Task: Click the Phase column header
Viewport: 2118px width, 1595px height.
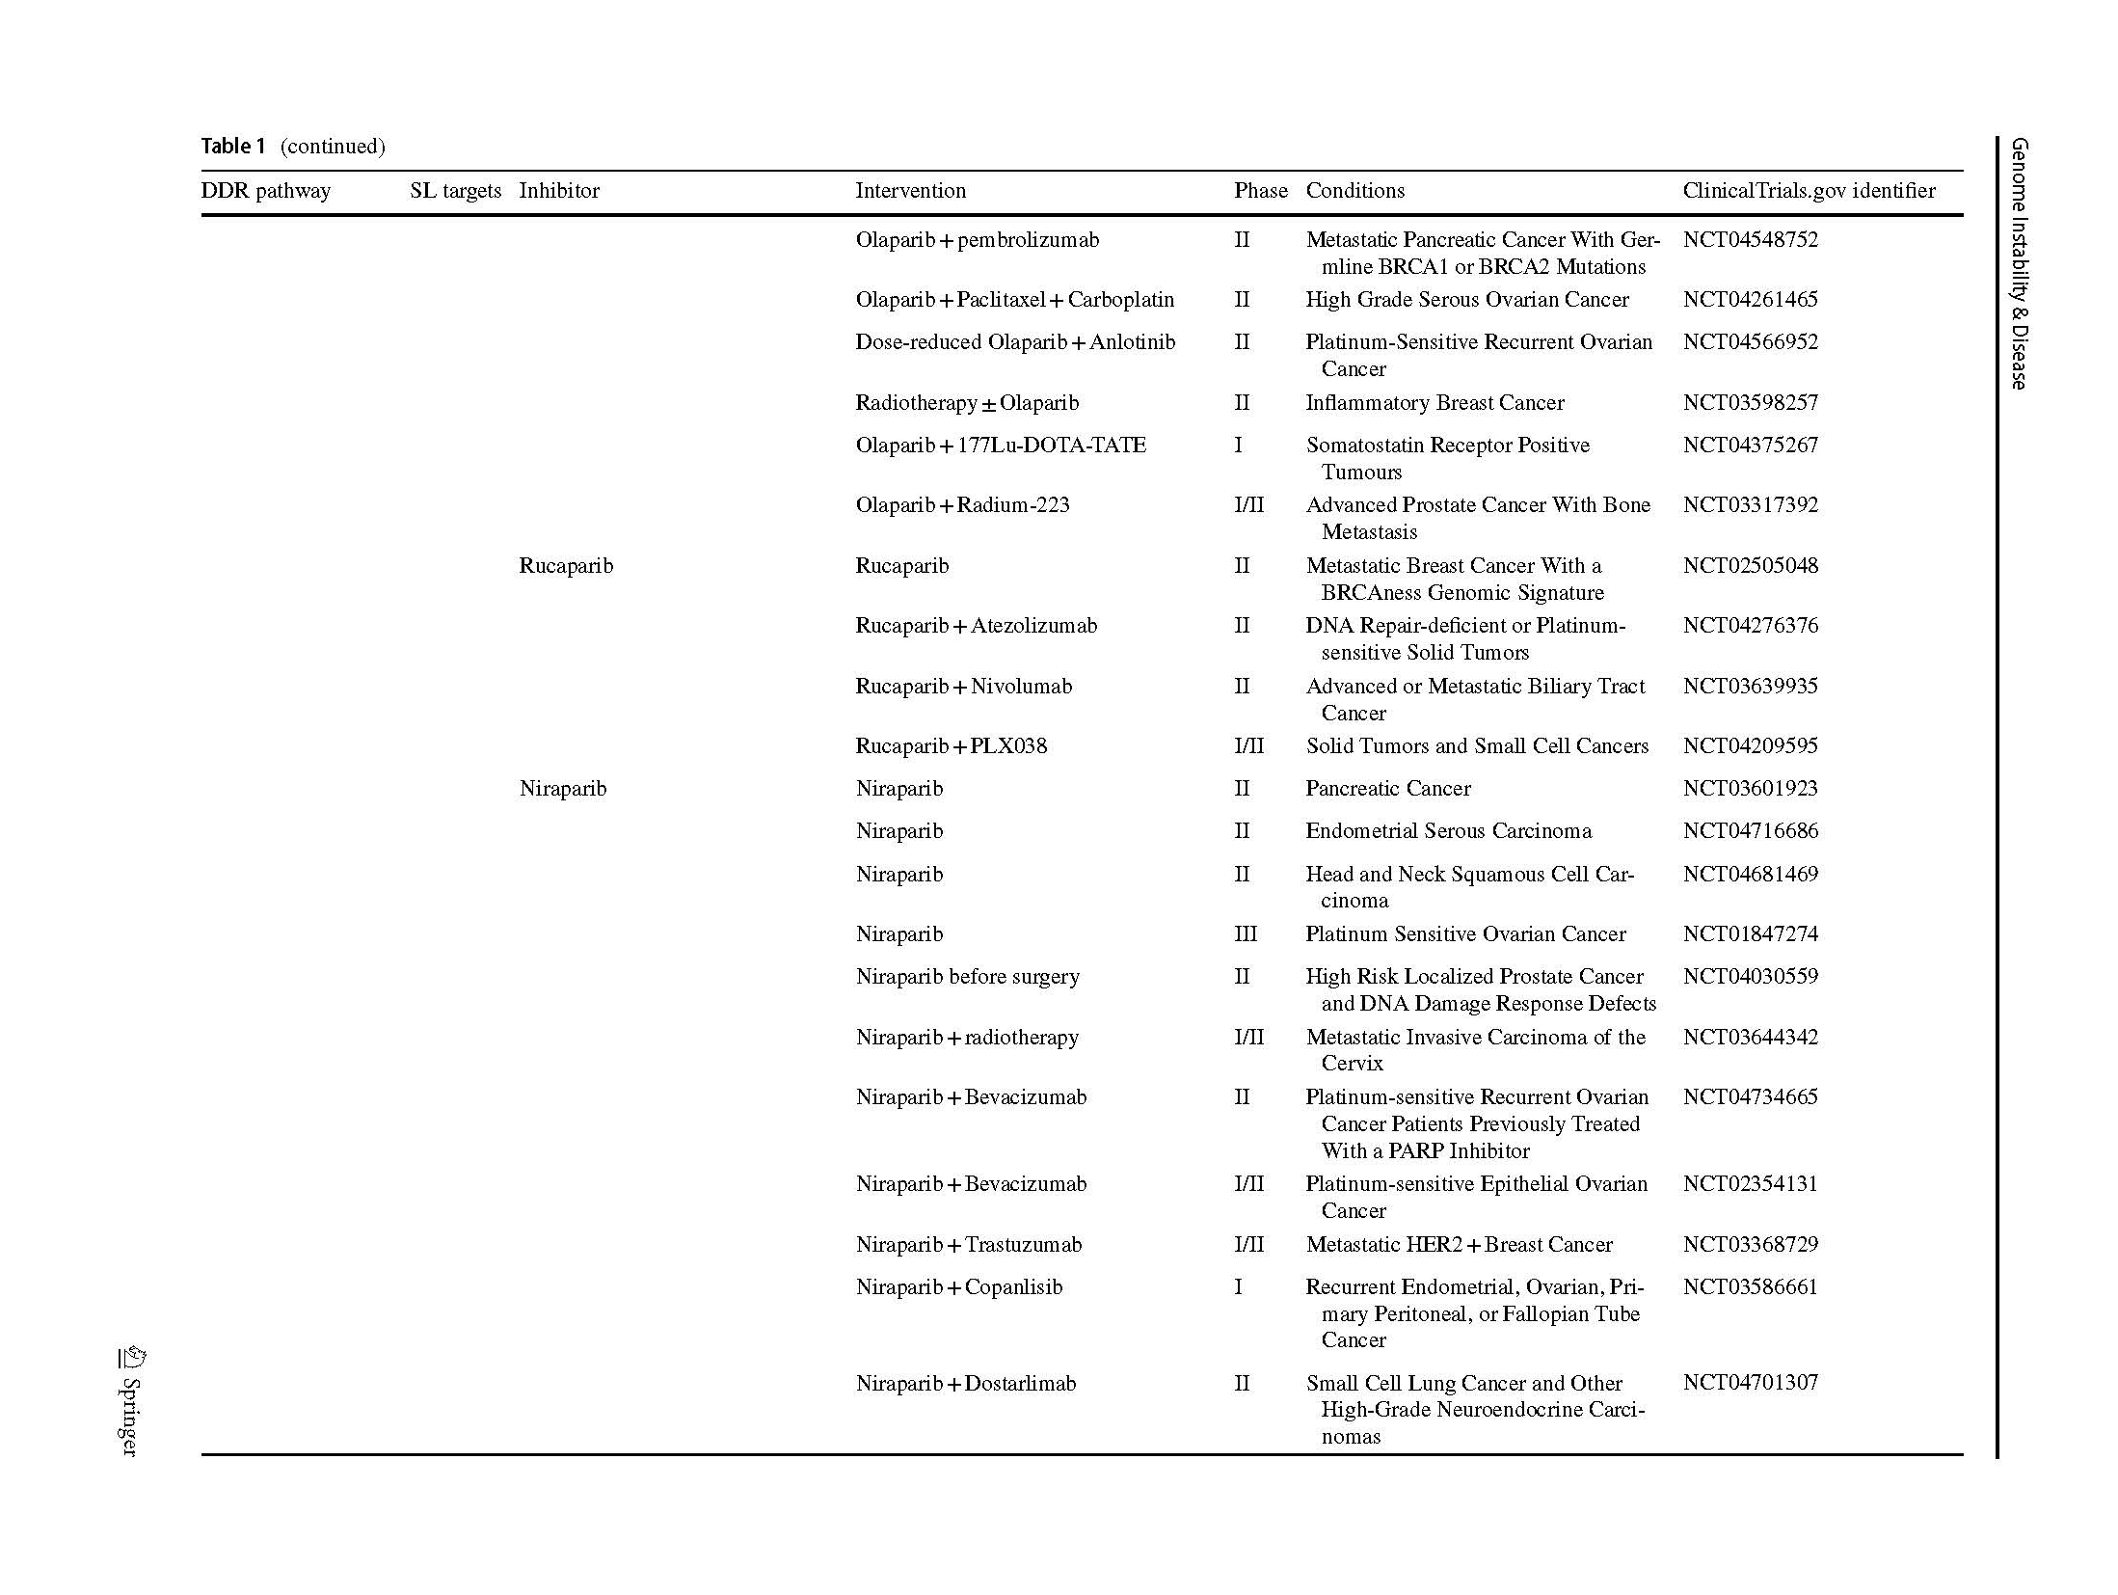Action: [x=1259, y=191]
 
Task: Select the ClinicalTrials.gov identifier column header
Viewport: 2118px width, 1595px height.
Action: [x=1808, y=191]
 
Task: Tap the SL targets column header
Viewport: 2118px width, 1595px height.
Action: [x=455, y=191]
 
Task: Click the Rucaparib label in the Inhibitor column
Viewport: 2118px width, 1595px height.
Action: [x=566, y=566]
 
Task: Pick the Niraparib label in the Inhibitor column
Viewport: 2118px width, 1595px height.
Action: [x=563, y=789]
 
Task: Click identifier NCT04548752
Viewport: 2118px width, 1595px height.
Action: [x=1750, y=240]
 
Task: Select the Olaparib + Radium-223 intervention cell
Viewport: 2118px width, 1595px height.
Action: [x=962, y=505]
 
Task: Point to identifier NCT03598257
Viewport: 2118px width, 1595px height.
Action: [x=1750, y=403]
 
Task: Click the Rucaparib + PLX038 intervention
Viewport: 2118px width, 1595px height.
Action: [x=951, y=746]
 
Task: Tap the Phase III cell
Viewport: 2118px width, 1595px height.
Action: [x=1246, y=934]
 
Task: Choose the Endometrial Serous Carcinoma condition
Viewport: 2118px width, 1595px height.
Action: [x=1448, y=831]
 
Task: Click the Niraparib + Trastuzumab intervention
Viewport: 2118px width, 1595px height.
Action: [x=968, y=1245]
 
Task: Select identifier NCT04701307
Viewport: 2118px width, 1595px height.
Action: [x=1750, y=1383]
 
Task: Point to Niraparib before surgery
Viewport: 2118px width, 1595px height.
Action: [x=967, y=977]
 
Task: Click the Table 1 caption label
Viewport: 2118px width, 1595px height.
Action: [x=232, y=147]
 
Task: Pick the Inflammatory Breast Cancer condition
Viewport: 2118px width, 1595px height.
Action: [x=1434, y=403]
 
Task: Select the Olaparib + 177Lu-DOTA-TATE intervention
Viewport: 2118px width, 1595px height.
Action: [x=1000, y=446]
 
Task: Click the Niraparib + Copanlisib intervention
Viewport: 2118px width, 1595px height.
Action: [x=958, y=1287]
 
